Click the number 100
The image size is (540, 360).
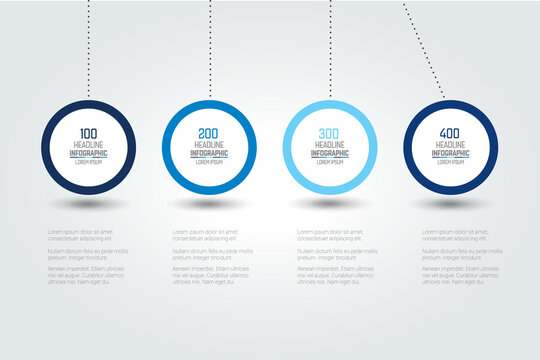click(x=88, y=133)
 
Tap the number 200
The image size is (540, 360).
click(x=209, y=133)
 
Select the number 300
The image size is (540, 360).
click(x=330, y=133)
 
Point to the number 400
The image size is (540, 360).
click(x=450, y=133)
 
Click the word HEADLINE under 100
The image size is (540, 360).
click(x=88, y=145)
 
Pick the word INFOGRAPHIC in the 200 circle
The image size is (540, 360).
click(x=209, y=153)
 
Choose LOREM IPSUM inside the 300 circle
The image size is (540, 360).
click(x=330, y=162)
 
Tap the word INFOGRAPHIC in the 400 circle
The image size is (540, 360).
click(x=450, y=153)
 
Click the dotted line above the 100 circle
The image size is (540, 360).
click(x=88, y=50)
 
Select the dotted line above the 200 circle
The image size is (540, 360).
click(x=209, y=50)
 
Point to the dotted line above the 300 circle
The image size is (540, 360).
click(x=330, y=50)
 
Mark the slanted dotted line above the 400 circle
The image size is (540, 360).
click(x=425, y=50)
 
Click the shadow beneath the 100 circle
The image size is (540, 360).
click(x=88, y=204)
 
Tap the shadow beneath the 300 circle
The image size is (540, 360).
click(x=330, y=204)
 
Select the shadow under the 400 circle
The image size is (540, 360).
click(x=450, y=204)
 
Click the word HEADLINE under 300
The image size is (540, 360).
click(x=330, y=145)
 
